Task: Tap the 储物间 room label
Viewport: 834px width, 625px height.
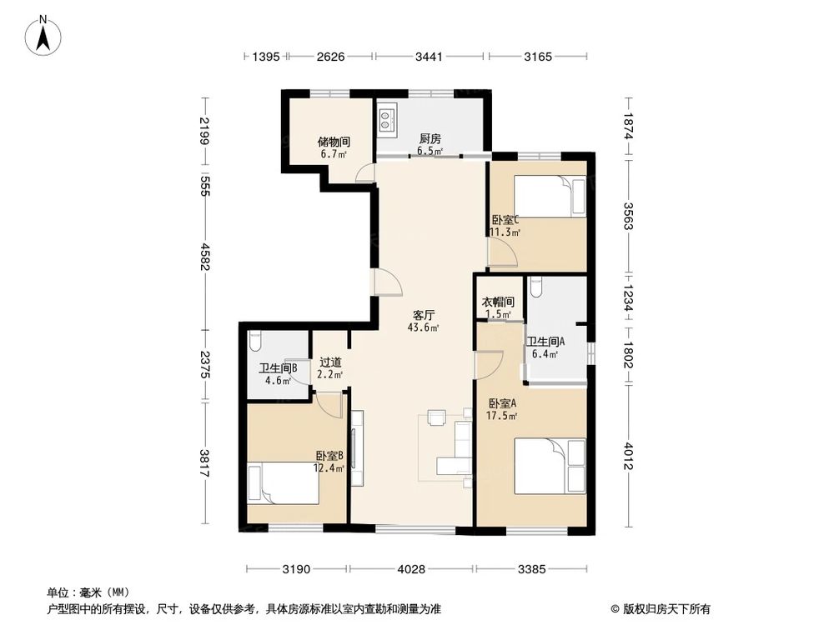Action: (x=333, y=142)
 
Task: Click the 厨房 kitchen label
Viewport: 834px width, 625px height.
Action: (x=430, y=139)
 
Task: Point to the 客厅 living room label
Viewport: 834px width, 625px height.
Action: (x=424, y=316)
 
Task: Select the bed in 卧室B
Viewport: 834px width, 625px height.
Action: (x=283, y=484)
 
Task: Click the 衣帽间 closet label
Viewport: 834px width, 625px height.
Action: (x=499, y=302)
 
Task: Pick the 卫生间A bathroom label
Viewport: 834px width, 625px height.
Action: (x=545, y=341)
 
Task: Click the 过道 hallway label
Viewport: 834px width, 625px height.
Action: (x=330, y=362)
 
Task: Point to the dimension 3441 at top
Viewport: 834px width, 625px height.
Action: (x=431, y=57)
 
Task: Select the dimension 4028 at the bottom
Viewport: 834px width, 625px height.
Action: (x=411, y=570)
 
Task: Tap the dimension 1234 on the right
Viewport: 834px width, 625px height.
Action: (x=628, y=296)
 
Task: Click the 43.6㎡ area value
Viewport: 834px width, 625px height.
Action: (x=424, y=328)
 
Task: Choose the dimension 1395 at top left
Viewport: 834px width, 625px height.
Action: (x=265, y=57)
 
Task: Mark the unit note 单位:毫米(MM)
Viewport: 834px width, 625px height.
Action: (x=84, y=592)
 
